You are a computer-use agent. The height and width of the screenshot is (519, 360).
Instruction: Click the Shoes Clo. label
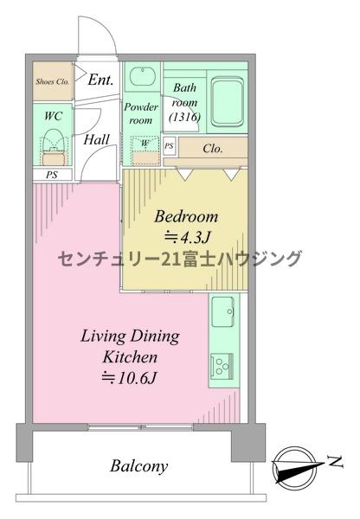tap(53, 81)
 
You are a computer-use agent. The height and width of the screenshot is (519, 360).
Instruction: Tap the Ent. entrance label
tap(100, 80)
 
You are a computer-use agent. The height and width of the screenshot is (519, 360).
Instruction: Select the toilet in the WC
tap(54, 147)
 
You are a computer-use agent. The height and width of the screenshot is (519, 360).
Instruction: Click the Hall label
tap(96, 139)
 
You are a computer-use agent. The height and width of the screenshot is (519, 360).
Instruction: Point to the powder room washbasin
tap(143, 76)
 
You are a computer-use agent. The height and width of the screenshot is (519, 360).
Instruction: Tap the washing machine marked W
tap(145, 150)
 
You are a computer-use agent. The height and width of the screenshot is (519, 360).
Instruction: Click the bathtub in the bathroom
tap(228, 101)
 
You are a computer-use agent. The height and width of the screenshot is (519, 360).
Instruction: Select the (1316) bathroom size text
tap(184, 117)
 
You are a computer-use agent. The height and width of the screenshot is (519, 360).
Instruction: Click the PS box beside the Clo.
tap(170, 145)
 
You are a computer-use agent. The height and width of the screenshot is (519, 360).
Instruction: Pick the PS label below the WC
tap(52, 175)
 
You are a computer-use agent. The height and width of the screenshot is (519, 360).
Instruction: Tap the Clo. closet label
tap(212, 149)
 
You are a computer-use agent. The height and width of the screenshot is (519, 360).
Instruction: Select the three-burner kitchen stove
tap(222, 365)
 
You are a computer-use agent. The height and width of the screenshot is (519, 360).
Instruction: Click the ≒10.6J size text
tap(129, 378)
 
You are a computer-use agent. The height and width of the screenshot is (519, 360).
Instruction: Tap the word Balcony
tap(138, 466)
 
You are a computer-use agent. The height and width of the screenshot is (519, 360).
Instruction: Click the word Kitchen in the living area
tap(130, 357)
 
